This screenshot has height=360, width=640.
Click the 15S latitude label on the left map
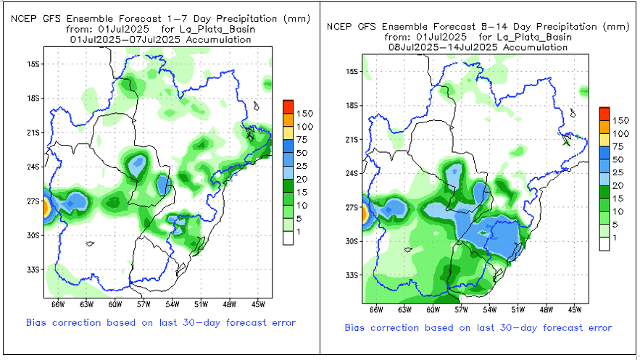33,64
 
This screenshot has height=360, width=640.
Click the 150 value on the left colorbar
304,114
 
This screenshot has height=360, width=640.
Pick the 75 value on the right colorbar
620,146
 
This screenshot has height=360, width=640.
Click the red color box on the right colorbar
604,113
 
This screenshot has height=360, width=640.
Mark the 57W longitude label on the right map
461,309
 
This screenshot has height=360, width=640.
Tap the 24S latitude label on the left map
33,167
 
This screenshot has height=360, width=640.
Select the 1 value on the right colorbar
616,238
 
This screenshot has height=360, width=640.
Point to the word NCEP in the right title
339,27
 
